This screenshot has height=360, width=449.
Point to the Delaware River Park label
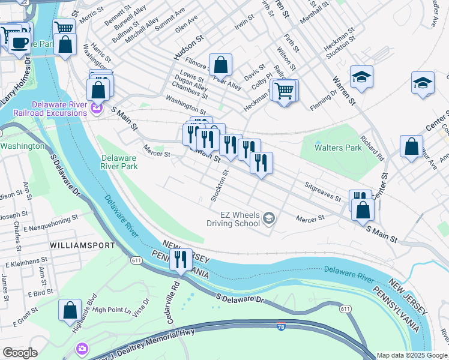point(118,163)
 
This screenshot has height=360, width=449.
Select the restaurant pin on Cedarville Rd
point(180,259)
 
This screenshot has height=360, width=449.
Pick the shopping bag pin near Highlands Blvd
point(70,310)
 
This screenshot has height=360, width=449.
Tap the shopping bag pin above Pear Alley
point(220,64)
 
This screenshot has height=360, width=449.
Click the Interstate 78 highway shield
point(281,327)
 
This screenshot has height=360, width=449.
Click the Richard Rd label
point(373,151)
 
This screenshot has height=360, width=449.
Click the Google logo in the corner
point(20,353)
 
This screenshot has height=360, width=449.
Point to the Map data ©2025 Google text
point(412,355)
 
